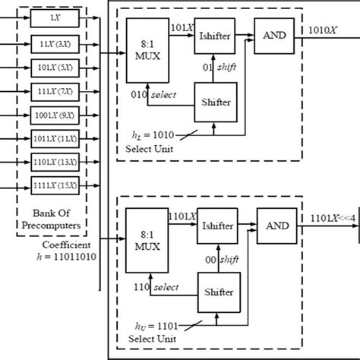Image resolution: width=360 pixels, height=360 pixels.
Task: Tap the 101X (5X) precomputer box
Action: tap(52, 68)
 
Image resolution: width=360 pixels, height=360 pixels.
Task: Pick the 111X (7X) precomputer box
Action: tap(52, 93)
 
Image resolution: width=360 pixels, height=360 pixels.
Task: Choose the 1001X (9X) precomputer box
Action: tap(52, 117)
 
